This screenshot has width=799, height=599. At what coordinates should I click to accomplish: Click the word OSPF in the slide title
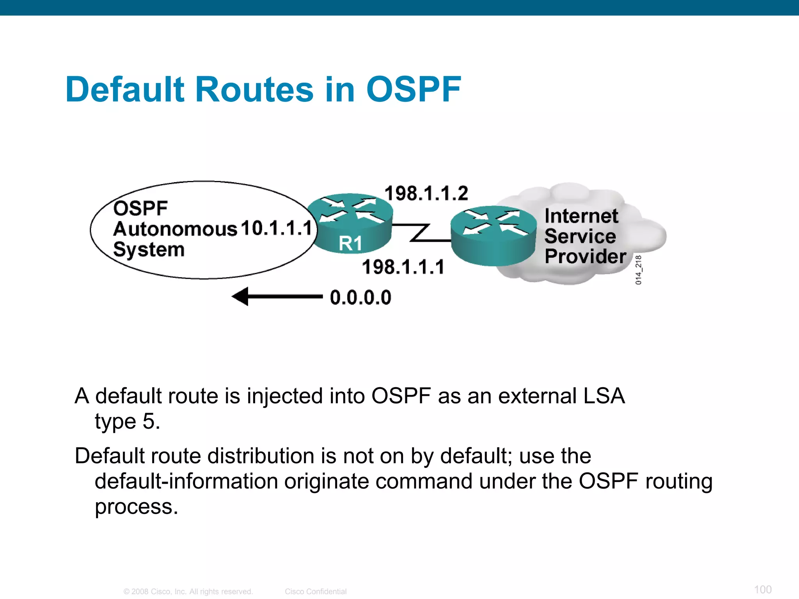[414, 89]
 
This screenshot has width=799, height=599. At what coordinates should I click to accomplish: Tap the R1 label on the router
[350, 244]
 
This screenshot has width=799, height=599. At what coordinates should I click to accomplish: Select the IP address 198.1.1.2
[426, 193]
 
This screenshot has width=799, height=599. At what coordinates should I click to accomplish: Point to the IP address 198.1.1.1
[403, 267]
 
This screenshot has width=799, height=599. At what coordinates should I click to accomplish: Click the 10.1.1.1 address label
[277, 228]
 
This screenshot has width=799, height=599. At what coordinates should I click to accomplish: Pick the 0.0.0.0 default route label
[360, 298]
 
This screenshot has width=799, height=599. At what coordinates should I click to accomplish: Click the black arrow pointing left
[277, 297]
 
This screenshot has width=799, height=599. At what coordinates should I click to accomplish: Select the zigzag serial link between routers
[421, 233]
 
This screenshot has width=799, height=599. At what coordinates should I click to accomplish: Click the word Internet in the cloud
[581, 216]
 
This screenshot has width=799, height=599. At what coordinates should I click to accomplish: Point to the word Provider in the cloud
[585, 256]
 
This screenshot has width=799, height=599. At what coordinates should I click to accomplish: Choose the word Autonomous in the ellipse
[175, 229]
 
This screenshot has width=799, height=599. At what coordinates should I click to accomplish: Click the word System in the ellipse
[149, 250]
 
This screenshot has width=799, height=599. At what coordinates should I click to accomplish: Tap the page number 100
[763, 589]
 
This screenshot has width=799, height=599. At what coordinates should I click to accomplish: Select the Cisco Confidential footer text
[316, 592]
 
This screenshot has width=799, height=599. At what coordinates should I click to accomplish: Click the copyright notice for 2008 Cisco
[188, 592]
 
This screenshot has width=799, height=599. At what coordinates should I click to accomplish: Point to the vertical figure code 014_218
[638, 270]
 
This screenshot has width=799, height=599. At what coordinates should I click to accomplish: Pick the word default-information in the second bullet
[186, 481]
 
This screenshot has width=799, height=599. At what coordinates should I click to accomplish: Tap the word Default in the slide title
[125, 89]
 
